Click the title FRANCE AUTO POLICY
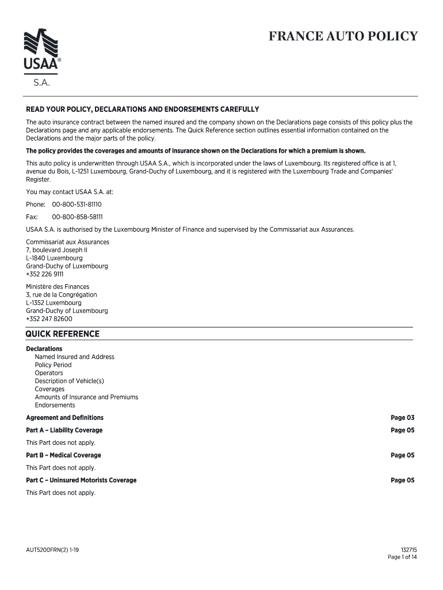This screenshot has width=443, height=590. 343,37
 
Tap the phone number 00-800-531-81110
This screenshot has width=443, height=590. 77,205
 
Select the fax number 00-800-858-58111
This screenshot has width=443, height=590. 77,217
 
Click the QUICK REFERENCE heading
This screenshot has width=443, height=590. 63,334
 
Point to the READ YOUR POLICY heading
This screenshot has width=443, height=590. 143,109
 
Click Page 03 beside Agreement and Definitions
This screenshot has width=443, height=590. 402,418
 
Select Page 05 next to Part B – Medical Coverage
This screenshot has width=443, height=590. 402,455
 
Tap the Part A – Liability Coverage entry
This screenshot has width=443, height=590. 64,430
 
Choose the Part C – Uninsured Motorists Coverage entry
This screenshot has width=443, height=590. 81,481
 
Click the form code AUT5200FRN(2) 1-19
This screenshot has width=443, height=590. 52,550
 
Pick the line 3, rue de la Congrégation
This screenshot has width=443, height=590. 62,294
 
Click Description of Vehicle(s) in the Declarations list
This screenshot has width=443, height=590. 69,381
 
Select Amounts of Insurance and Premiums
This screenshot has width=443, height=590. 86,397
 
